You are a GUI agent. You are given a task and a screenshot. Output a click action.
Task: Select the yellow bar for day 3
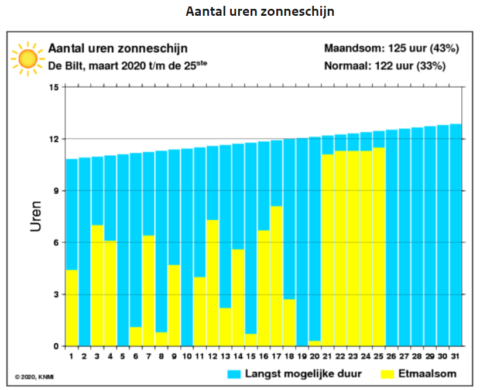pos(97,285)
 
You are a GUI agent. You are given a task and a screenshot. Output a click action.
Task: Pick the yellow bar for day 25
pos(379,247)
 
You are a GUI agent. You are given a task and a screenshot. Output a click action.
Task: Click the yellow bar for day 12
pos(212,283)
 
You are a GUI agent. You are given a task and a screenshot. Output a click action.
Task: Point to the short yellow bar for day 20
pos(314,343)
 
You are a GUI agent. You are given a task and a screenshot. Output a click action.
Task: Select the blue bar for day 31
pos(456,234)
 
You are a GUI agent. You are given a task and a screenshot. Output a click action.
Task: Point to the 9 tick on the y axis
pos(56,191)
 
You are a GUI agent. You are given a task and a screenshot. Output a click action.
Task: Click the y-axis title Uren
pos(36,217)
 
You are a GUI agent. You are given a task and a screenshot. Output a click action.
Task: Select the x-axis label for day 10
pos(187,357)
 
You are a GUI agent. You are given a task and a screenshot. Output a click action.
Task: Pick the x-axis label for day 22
pos(340,357)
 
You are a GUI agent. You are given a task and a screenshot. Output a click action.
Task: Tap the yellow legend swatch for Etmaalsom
pos(389,374)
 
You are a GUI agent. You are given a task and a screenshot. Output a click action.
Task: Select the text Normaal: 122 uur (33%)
pos(385,66)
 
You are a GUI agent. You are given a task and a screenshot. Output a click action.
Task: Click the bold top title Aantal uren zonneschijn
pos(260,12)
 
